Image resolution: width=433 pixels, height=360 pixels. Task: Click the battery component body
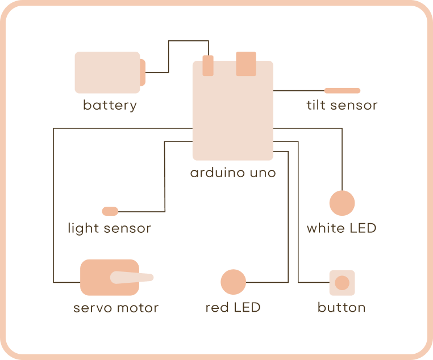pyautogui.click(x=107, y=72)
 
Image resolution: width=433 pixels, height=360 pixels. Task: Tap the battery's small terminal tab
pyautogui.click(x=143, y=72)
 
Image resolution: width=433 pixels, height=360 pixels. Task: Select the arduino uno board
pyautogui.click(x=232, y=114)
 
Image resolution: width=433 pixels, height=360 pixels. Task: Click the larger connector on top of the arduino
pyautogui.click(x=246, y=64)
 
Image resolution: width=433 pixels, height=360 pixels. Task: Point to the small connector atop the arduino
pyautogui.click(x=208, y=65)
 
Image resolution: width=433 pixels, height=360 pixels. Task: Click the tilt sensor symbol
pyautogui.click(x=342, y=90)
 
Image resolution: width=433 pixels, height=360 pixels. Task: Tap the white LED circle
pyautogui.click(x=342, y=203)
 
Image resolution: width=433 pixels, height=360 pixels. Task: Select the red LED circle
pyautogui.click(x=233, y=282)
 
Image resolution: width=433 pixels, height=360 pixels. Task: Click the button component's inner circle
pyautogui.click(x=342, y=283)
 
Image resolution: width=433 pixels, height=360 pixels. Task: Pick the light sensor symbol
pyautogui.click(x=110, y=211)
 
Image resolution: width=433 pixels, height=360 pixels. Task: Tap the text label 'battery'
pyautogui.click(x=110, y=105)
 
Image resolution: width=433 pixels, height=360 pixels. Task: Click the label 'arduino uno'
pyautogui.click(x=232, y=172)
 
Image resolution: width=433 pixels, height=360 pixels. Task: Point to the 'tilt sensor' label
pyautogui.click(x=342, y=105)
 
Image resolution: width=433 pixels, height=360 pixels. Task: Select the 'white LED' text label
pyautogui.click(x=342, y=228)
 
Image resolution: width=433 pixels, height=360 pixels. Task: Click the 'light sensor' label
pyautogui.click(x=109, y=228)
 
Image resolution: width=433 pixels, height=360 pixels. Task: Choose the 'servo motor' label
pyautogui.click(x=116, y=308)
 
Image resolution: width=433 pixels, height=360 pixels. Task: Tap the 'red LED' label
pyautogui.click(x=233, y=308)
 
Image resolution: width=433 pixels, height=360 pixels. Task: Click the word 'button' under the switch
pyautogui.click(x=342, y=308)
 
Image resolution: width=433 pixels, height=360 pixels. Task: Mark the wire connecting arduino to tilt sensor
pyautogui.click(x=298, y=90)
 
